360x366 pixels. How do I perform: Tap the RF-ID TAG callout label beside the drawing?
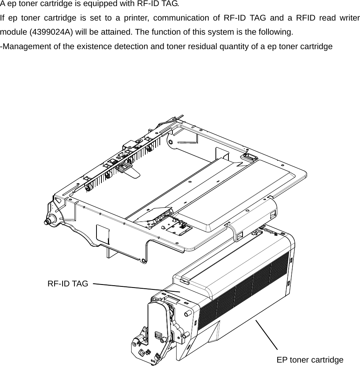click(67, 284)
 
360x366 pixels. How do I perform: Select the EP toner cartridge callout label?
click(310, 360)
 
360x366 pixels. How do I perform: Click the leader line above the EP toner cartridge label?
click(266, 334)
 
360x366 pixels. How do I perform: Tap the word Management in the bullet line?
click(24, 46)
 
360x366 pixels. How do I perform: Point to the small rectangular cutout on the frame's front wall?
click(103, 234)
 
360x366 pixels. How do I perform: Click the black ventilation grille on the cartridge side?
click(244, 293)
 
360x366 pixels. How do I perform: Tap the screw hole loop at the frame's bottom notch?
click(143, 261)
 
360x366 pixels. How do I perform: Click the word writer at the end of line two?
click(349, 18)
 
